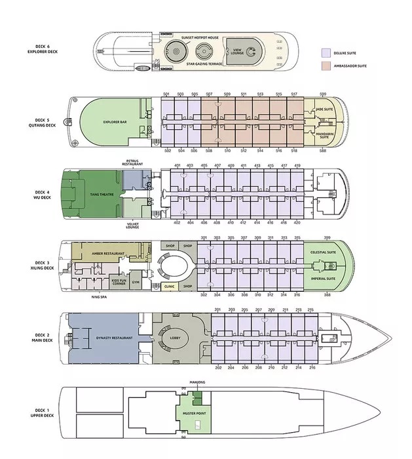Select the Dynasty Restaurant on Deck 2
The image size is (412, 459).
point(105,338)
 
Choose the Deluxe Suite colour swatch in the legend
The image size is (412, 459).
point(326,52)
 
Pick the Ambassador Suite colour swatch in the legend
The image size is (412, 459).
point(326,66)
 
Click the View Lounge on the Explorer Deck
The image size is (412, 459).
point(237,51)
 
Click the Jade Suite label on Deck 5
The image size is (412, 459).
point(324,109)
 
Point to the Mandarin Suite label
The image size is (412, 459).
point(325,136)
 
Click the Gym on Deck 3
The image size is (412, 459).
point(136,282)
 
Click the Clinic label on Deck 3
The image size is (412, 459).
point(169,287)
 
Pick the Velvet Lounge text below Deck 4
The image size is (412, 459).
point(132,226)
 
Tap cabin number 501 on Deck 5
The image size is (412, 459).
point(166,94)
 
